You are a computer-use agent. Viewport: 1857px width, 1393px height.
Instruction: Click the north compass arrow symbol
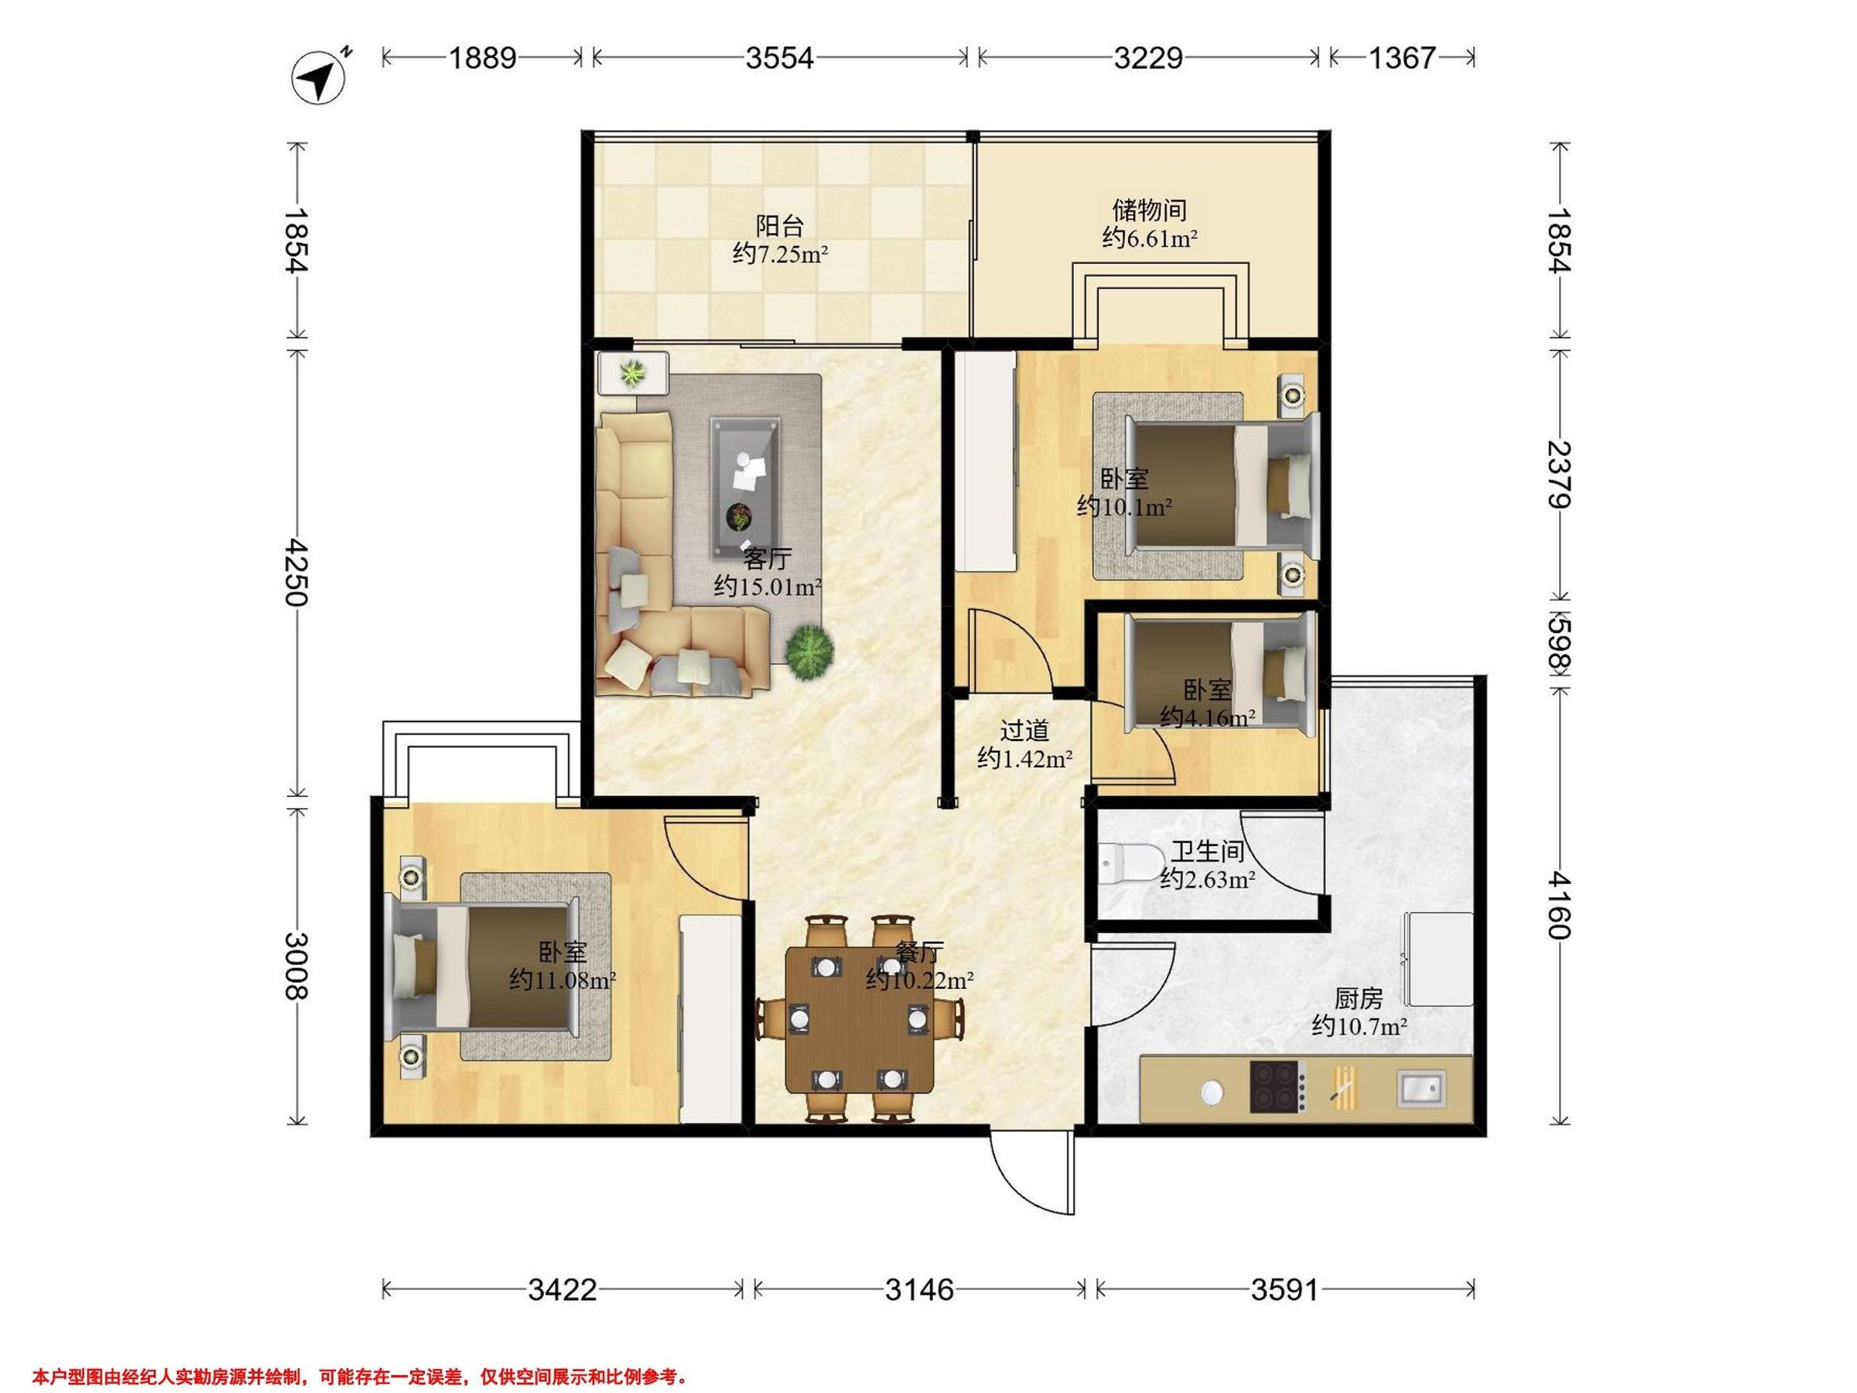point(319,78)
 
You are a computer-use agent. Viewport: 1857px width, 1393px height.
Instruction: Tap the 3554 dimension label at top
point(780,58)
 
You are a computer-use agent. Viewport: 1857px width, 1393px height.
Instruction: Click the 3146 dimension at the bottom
point(920,1289)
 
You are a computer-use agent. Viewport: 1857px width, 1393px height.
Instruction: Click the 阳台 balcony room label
point(780,225)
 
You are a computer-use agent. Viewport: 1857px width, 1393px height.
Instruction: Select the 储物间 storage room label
point(1149,209)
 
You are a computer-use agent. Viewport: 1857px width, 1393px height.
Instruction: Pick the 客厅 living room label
point(768,559)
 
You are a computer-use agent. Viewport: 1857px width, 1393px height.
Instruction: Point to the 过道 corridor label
point(1025,731)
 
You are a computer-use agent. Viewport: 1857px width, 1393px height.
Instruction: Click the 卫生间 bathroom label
point(1207,851)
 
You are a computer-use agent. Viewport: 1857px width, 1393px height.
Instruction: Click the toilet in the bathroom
point(1130,861)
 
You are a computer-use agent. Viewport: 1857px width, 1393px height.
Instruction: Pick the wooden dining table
point(860,1020)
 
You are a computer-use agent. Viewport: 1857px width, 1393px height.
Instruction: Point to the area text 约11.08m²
point(563,979)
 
